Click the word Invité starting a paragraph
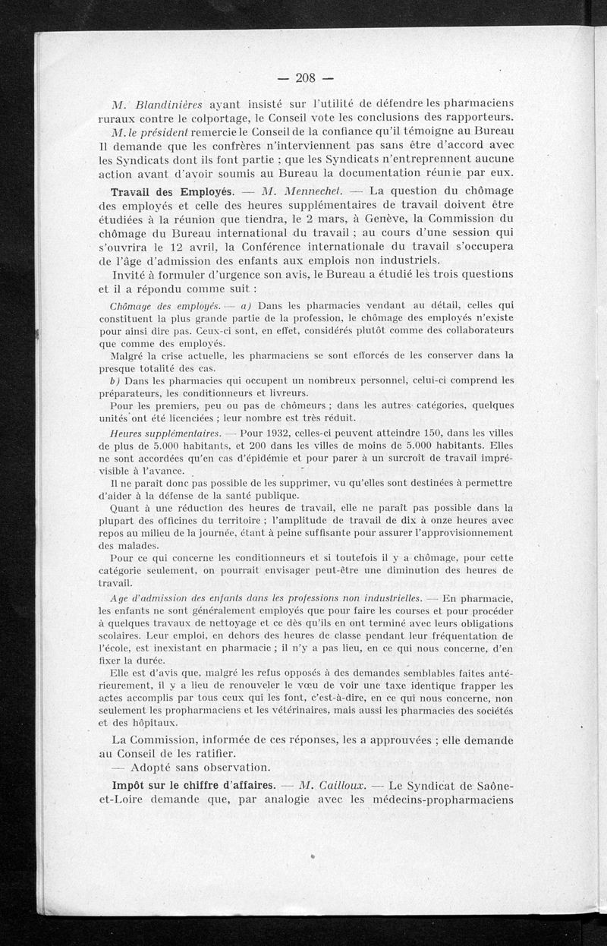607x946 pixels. pyautogui.click(x=130, y=274)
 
